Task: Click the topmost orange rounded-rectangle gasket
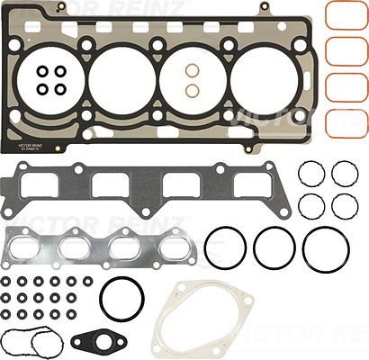pos(346,15)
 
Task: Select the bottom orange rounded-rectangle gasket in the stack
pos(346,123)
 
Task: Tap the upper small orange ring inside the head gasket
pos(192,70)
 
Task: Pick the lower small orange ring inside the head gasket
pos(192,90)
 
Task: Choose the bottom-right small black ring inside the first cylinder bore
pos(60,89)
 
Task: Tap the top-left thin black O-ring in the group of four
pos(311,173)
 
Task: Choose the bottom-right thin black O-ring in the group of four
pos(344,205)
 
